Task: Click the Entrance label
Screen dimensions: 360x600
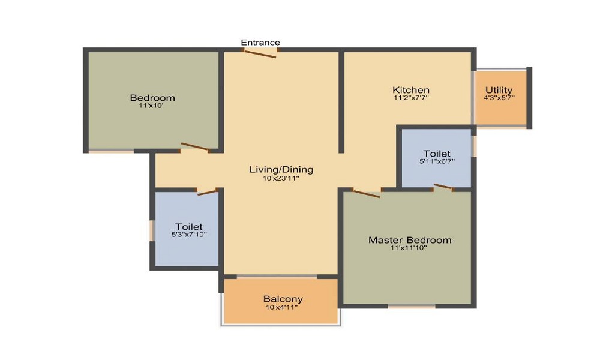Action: click(x=260, y=43)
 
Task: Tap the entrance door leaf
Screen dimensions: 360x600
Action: click(x=260, y=53)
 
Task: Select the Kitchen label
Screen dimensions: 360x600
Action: click(x=411, y=90)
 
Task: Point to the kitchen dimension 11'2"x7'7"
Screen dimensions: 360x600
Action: click(x=411, y=97)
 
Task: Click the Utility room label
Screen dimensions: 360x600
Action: click(x=499, y=90)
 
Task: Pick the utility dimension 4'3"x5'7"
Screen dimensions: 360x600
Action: click(x=499, y=97)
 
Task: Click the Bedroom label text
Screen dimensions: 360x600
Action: click(x=152, y=98)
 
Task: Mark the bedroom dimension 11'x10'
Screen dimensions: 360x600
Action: click(x=152, y=105)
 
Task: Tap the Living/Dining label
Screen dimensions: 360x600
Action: click(x=281, y=170)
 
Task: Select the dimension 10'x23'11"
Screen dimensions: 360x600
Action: click(x=281, y=178)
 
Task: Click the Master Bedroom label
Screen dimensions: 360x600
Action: click(x=410, y=240)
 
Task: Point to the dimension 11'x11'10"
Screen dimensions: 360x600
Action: click(x=410, y=247)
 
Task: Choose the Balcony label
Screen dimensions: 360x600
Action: click(x=283, y=299)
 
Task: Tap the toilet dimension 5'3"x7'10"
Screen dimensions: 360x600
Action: click(x=189, y=234)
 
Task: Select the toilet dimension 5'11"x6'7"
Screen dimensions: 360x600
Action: click(x=437, y=161)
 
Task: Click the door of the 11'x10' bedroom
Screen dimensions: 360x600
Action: click(x=195, y=146)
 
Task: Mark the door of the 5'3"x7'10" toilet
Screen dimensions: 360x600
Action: click(x=207, y=192)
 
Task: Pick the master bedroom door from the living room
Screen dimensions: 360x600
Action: click(x=366, y=193)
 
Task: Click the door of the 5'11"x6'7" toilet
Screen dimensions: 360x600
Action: click(x=443, y=187)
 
